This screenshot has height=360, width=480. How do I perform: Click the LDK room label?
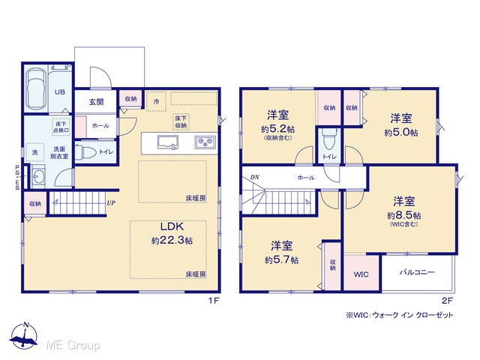click(x=172, y=226)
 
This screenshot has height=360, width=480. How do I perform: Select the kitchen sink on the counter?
click(x=168, y=142)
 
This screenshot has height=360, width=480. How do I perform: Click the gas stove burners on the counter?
click(x=205, y=142)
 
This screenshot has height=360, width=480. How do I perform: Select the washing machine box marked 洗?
click(x=35, y=152)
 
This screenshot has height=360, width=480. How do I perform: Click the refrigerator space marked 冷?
click(x=156, y=101)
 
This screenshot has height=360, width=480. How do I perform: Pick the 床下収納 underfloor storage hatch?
click(x=181, y=121)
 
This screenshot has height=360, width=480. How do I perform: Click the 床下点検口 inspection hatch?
click(x=61, y=127)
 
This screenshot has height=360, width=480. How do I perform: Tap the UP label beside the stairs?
click(x=111, y=203)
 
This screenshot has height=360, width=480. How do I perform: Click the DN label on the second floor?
click(x=255, y=177)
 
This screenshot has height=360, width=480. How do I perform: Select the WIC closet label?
click(x=361, y=274)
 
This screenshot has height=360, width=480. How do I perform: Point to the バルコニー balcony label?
click(x=417, y=271)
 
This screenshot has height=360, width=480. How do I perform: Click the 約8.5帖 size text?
click(x=403, y=215)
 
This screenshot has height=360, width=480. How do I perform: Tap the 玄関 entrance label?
click(x=97, y=102)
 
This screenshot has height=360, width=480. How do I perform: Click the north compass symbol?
click(x=24, y=335)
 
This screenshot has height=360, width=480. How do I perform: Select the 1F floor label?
click(x=214, y=301)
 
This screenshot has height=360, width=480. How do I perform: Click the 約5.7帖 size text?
click(x=282, y=260)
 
